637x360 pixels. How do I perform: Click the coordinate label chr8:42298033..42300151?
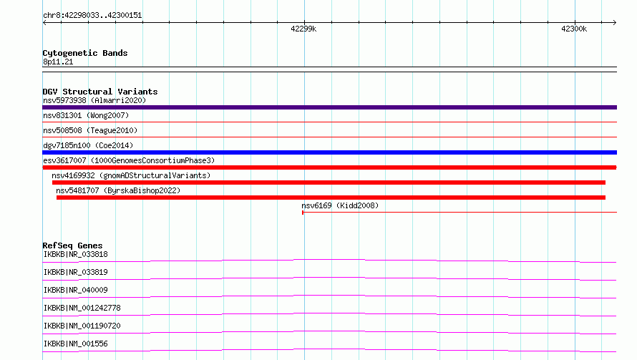tap(92, 16)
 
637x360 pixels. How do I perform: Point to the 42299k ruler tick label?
tap(303, 29)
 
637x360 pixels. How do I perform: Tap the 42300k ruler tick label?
tap(574, 29)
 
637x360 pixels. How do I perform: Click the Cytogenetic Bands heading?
tap(85, 53)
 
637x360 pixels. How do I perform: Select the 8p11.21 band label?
tap(58, 62)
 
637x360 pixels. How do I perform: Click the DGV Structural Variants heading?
tap(100, 92)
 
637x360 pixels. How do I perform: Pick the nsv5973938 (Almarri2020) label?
tap(94, 100)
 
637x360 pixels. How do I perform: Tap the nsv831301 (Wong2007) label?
tap(86, 115)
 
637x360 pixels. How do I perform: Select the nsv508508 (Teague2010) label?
tap(90, 130)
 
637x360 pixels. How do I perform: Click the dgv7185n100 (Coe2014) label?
tap(88, 145)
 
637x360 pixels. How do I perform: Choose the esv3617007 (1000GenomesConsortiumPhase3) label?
tap(129, 160)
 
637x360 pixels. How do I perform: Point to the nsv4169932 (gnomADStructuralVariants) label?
tap(131, 175)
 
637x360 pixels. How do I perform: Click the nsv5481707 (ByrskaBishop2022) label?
tap(118, 190)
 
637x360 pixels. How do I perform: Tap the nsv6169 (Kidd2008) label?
tap(340, 205)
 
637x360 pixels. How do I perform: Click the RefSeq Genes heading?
tap(73, 245)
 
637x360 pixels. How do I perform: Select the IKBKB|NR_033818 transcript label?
tap(76, 254)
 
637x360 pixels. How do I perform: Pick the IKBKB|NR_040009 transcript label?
tap(76, 290)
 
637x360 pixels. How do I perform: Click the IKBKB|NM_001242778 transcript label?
tap(82, 308)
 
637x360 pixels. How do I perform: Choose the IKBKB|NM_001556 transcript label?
tap(76, 344)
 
